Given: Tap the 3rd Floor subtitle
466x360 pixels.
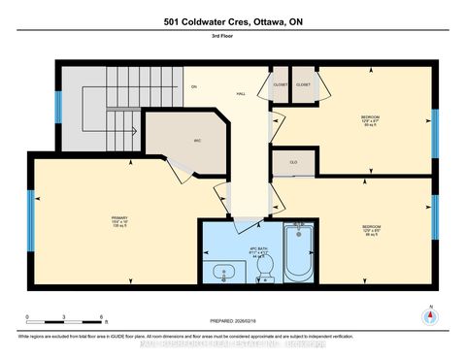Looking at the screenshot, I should coord(233,41).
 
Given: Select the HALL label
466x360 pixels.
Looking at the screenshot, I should coord(240,93).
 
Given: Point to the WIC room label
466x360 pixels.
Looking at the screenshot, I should coord(197,143).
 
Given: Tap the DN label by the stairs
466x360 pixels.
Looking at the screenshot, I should coord(193,87).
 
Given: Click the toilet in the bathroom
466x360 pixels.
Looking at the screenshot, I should coord(266,265).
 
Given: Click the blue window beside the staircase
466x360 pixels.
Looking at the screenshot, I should coord(58,107).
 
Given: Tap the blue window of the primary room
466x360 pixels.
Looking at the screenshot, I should coord(29,208).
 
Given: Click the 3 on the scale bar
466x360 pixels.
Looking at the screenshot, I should coord(63,316).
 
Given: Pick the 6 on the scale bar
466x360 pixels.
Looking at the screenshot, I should coord(101,316).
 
